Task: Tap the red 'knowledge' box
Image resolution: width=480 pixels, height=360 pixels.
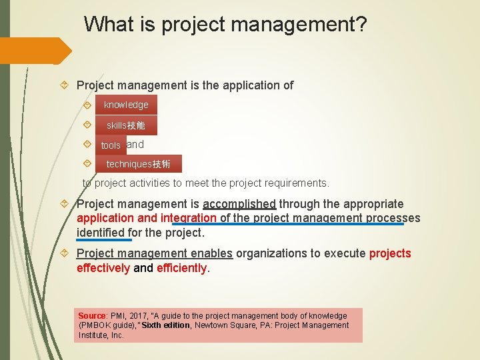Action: click(x=126, y=105)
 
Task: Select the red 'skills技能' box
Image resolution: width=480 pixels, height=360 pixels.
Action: click(x=126, y=125)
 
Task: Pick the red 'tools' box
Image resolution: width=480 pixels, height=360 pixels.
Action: click(x=111, y=145)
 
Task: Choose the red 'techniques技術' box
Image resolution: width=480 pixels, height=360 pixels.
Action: click(x=138, y=164)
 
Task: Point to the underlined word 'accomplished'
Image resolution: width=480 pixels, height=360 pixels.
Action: click(x=239, y=204)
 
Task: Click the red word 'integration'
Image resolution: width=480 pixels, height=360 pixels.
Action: click(x=189, y=218)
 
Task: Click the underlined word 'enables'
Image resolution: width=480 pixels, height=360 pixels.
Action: click(x=211, y=253)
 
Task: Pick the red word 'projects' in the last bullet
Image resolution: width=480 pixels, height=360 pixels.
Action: click(x=390, y=253)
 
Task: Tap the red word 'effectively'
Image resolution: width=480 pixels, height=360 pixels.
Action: click(x=103, y=268)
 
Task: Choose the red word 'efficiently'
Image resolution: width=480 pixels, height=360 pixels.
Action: click(x=182, y=268)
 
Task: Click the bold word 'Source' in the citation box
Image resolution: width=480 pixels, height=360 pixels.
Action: click(x=92, y=315)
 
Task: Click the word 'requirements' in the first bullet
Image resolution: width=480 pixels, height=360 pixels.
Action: click(x=297, y=183)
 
